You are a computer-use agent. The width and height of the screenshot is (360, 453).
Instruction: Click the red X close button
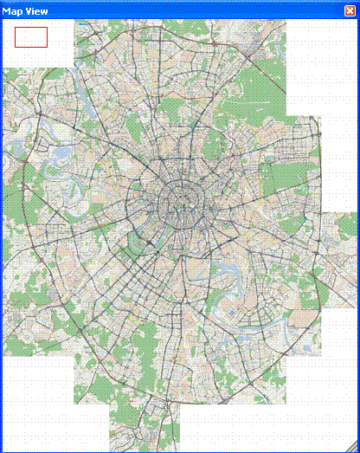350,10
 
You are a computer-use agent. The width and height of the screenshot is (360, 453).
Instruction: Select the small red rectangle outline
31,36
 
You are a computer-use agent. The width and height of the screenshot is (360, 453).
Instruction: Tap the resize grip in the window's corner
354,447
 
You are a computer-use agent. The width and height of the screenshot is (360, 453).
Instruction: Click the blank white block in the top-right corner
320,61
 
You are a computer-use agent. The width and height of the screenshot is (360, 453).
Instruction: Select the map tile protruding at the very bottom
144,429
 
